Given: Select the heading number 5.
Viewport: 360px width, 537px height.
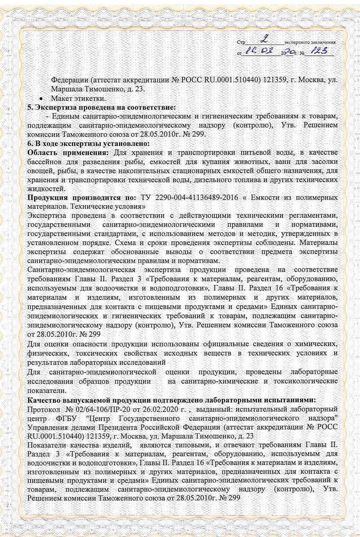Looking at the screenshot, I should [x=30, y=107].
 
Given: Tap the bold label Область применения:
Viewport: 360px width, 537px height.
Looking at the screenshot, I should [x=68, y=152].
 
